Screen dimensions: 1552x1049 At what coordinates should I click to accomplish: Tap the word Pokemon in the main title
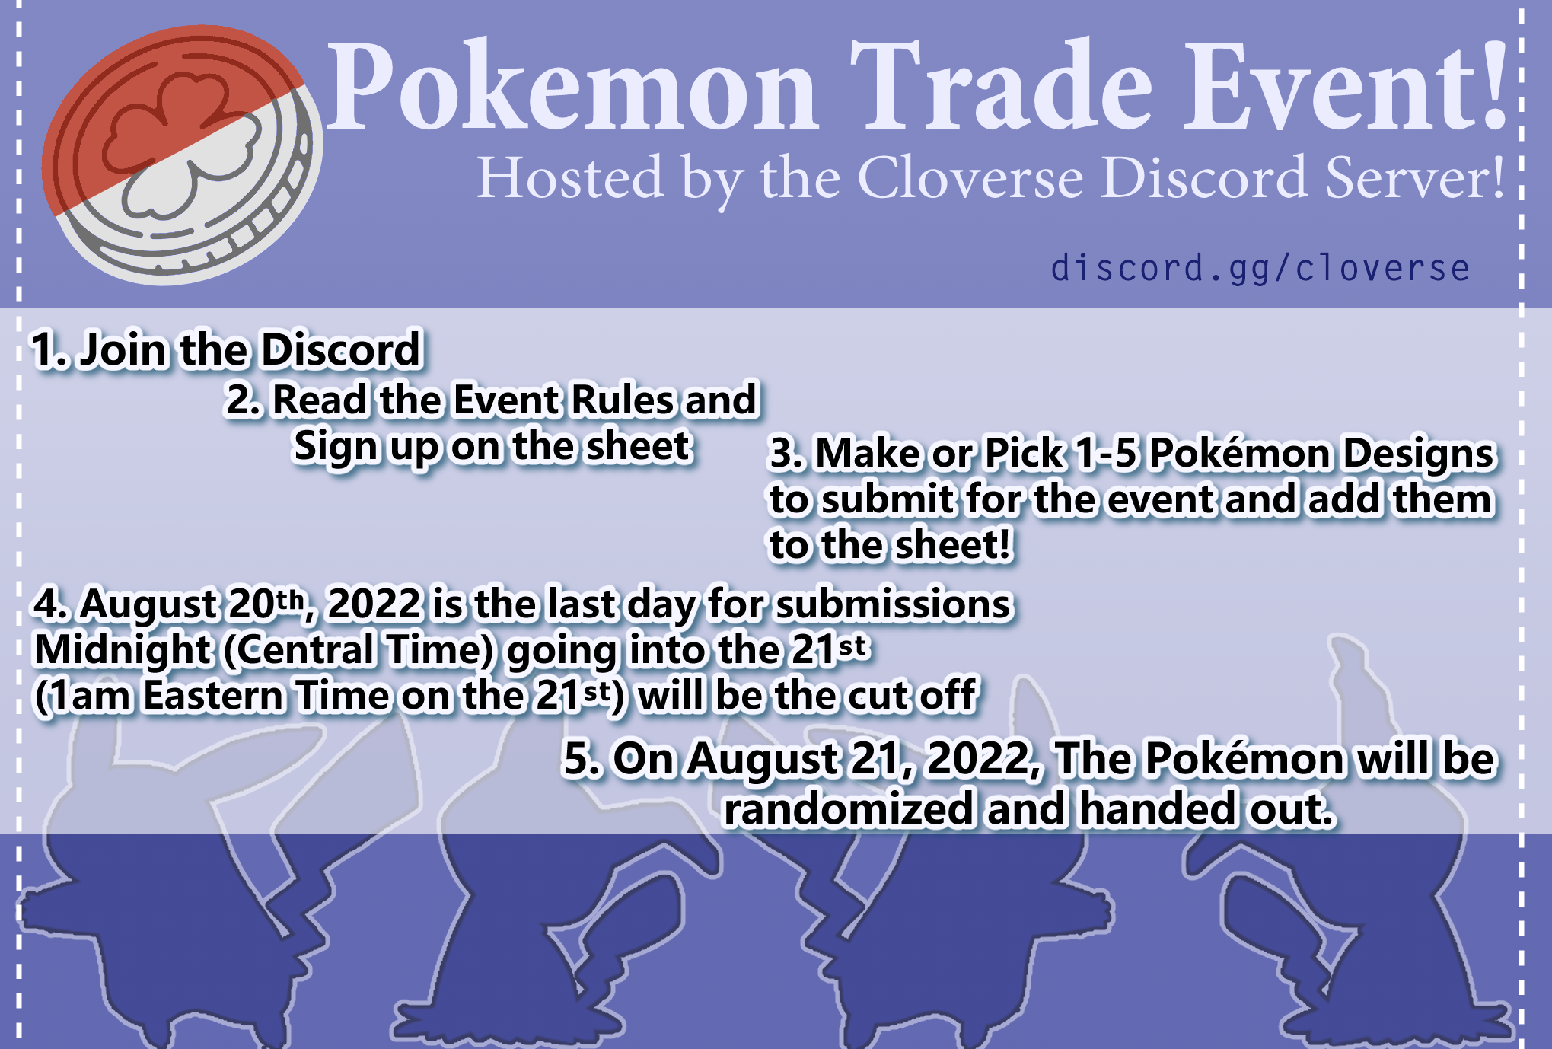[x=573, y=86]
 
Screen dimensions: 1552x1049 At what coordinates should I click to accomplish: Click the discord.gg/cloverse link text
[x=1260, y=268]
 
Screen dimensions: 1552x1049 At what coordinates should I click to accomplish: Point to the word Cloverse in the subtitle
[x=970, y=178]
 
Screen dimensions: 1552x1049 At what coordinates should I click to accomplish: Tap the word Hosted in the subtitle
[x=571, y=178]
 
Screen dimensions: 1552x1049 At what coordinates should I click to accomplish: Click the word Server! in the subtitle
[x=1415, y=178]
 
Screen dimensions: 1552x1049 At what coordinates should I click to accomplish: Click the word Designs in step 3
[x=1419, y=455]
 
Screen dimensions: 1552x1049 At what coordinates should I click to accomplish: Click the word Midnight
[x=122, y=651]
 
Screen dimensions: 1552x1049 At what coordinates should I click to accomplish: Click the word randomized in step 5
[x=848, y=808]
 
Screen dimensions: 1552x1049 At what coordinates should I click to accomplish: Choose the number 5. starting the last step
[x=582, y=759]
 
